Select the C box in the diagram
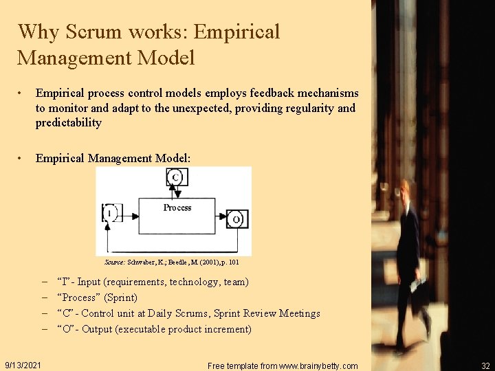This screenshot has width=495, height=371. pyautogui.click(x=177, y=178)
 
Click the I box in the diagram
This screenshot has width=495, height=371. pyautogui.click(x=110, y=212)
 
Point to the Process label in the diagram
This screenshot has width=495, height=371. pyautogui.click(x=177, y=207)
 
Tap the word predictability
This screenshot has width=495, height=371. pyautogui.click(x=69, y=123)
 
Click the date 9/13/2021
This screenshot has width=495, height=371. pyautogui.click(x=22, y=365)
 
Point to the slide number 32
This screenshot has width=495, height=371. pyautogui.click(x=486, y=366)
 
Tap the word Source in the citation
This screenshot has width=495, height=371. pyautogui.click(x=114, y=262)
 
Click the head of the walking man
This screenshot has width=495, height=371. pyautogui.click(x=406, y=190)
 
